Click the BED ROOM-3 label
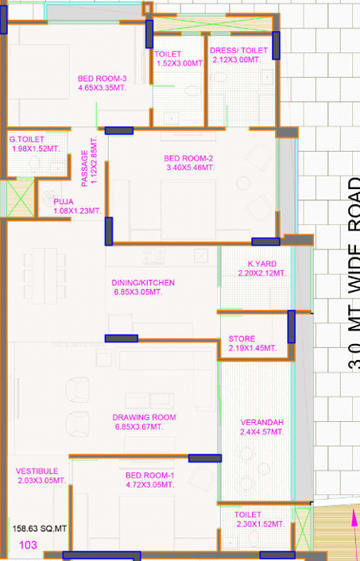[103, 78]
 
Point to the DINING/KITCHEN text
[143, 283]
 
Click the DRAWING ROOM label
[144, 417]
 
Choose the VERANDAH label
[261, 422]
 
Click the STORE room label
[242, 339]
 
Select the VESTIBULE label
[37, 471]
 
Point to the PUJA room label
[64, 202]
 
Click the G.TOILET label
[27, 139]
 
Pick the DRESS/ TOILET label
[239, 50]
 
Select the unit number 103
[29, 545]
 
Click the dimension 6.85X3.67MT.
[144, 427]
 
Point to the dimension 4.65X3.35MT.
[103, 87]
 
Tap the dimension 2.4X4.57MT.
[261, 431]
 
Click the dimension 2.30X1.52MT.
[259, 524]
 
